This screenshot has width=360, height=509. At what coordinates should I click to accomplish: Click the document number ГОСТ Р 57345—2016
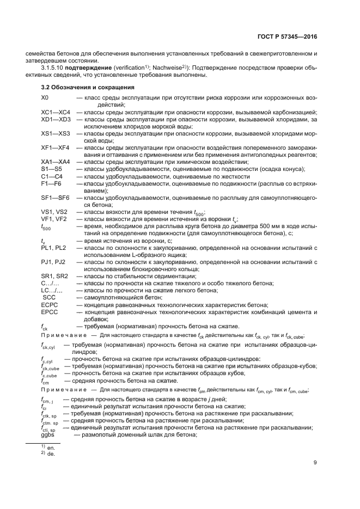(287, 37)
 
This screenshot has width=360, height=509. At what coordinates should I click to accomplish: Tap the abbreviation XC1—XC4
(56, 112)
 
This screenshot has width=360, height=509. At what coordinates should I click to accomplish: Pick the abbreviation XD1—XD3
(56, 119)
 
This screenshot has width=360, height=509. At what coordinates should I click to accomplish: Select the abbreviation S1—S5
(52, 169)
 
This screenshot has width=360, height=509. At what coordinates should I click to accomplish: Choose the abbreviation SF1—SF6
(56, 198)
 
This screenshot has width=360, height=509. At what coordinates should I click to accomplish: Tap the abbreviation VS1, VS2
(54, 212)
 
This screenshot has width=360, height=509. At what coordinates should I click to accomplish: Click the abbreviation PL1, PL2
(53, 248)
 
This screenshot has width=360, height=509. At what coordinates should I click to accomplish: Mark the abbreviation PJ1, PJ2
(53, 262)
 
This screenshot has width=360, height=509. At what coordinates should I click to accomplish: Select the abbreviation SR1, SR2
(54, 276)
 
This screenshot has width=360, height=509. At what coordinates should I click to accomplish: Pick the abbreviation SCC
(49, 297)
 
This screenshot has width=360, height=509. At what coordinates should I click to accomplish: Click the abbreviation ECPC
(50, 305)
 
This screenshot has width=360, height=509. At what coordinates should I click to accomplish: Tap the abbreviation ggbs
(48, 434)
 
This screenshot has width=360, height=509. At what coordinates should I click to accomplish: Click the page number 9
(315, 463)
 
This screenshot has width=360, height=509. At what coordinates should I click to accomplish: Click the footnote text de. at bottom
(51, 453)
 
